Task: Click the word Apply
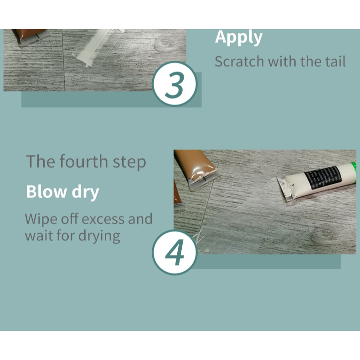point(238,38)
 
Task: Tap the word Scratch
point(239,62)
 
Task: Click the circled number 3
point(175,84)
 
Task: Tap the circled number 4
point(175,252)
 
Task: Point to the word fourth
point(84,161)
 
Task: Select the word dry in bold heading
point(85,193)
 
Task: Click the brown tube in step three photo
point(31,36)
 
